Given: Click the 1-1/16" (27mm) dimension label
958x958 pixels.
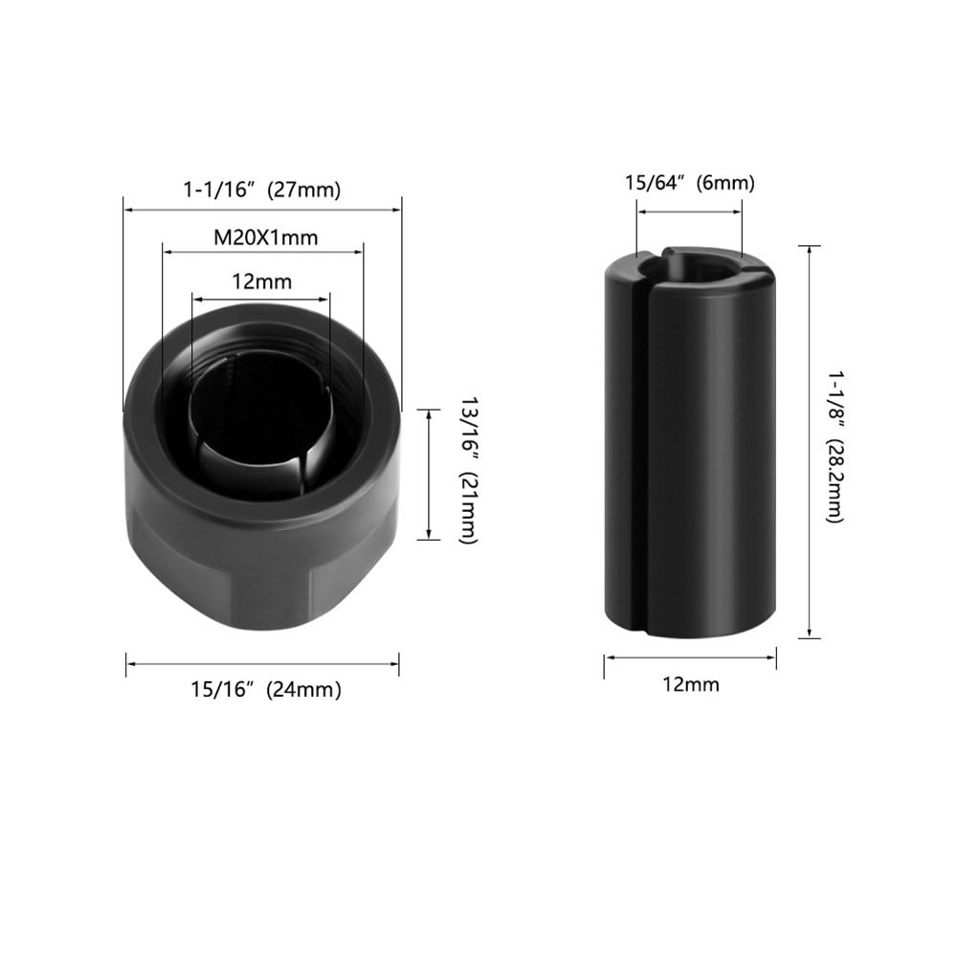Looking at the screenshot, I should (261, 189).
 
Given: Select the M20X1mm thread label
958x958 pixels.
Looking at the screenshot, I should (265, 236).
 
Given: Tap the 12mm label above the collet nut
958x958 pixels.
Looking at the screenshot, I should (261, 282).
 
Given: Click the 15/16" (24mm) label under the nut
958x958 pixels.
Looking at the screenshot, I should (264, 688).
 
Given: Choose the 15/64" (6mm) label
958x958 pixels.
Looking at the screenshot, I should (689, 183).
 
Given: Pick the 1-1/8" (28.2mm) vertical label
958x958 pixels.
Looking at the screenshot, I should (835, 441).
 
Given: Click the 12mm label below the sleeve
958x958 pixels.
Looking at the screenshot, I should (689, 684).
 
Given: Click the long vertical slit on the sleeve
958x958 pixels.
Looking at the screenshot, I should (640, 450).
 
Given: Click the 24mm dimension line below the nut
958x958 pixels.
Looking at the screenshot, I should (262, 663).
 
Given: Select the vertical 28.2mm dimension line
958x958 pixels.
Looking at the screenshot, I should (812, 441).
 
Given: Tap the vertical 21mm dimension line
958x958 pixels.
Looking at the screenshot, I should (429, 473).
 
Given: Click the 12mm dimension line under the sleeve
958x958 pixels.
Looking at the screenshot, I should (689, 657).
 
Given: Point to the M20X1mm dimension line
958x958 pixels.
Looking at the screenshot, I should (263, 253).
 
